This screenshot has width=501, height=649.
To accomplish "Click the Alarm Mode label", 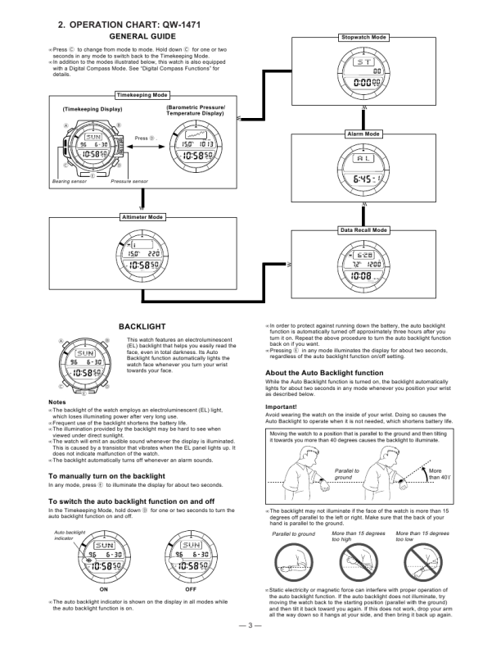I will (363, 134).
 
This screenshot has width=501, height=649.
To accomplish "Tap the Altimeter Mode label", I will (142, 217).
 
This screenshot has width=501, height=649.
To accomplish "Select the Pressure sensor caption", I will (129, 180).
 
